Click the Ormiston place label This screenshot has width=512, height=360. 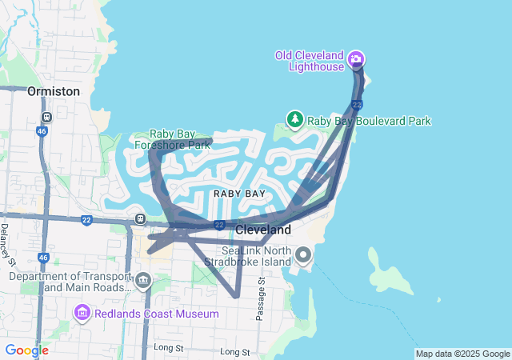pos(54,91)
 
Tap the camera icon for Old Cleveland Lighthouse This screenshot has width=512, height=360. pos(356,58)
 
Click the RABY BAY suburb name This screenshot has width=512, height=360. pos(239,194)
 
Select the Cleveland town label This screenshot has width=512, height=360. pos(263,230)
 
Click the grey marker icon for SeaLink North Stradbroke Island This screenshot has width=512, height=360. pos(303,256)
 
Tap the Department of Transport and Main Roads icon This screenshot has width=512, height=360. pos(143,281)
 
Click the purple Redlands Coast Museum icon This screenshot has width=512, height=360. pos(82,312)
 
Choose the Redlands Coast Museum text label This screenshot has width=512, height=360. pos(157,314)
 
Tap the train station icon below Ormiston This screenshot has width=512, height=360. pos(47,116)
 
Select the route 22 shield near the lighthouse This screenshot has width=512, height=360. pos(357,105)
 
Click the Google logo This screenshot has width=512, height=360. pos(26,350)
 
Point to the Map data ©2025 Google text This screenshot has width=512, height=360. pos(462,354)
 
